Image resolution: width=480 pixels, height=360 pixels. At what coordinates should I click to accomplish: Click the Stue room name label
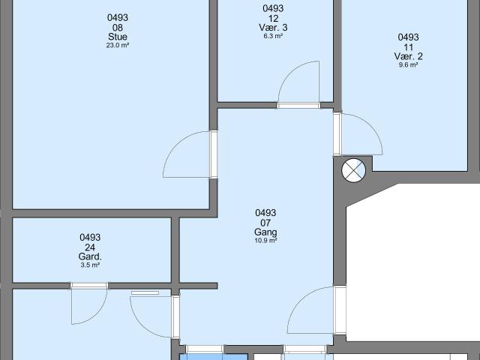tap(118, 37)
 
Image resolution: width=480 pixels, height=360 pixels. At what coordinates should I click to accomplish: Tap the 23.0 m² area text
tap(118, 45)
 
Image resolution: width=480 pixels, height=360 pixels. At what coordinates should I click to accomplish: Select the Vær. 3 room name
tap(273, 28)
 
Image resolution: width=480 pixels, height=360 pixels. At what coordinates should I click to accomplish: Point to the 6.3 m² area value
tap(273, 36)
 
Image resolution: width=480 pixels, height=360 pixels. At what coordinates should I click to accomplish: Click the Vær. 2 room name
tap(408, 56)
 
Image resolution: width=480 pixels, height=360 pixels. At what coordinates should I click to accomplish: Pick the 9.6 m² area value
tap(408, 65)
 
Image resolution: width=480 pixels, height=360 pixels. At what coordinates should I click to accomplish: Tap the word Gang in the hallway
tap(265, 232)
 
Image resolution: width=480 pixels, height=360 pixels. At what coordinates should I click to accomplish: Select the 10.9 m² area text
tap(265, 241)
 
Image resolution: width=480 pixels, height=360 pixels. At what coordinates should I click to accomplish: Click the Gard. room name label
tap(90, 256)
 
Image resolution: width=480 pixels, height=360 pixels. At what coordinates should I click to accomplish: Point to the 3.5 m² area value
tap(90, 265)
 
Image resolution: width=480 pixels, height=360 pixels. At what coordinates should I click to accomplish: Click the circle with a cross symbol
tap(353, 170)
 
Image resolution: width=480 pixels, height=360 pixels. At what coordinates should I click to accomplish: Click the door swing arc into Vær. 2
tap(373, 126)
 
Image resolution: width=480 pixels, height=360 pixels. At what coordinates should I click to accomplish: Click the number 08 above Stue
tap(118, 28)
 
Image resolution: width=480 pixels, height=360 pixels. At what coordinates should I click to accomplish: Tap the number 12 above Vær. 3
tap(273, 18)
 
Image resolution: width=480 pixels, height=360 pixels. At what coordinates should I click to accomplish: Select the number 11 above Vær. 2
tap(408, 47)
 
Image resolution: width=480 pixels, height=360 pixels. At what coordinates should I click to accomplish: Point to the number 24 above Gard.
tap(90, 247)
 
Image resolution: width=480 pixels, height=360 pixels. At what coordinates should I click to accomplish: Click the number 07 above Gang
tap(265, 223)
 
